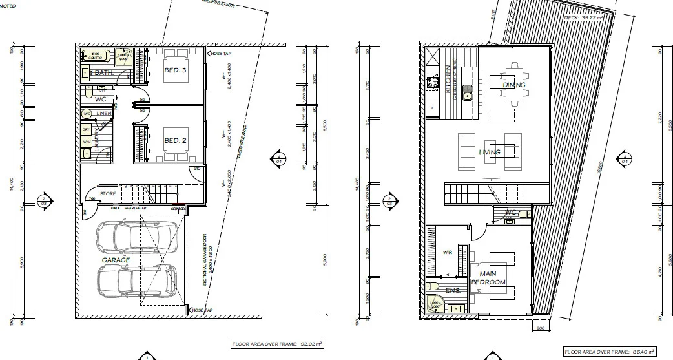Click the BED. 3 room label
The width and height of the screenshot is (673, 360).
175,69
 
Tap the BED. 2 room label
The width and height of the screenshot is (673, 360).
175,140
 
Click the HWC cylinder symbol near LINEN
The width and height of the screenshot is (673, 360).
86,114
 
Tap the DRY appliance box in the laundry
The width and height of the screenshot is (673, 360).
86,130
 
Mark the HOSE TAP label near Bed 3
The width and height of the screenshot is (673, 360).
222,53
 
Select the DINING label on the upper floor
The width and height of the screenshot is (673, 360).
514,85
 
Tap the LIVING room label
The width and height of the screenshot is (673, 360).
490,152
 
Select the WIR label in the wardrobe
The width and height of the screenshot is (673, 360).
446,253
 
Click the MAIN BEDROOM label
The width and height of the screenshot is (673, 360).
497,279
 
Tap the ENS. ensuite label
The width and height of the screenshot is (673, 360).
452,291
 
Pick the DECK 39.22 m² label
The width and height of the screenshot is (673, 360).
583,18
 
